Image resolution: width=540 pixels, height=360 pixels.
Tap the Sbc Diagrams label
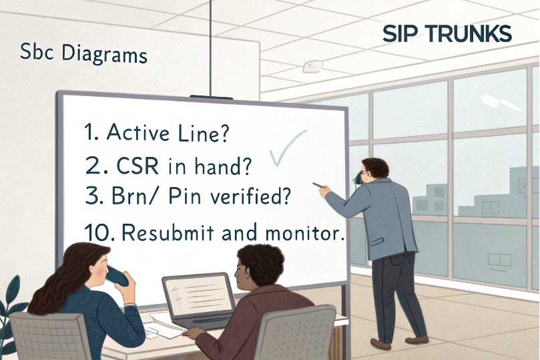pos(83,53)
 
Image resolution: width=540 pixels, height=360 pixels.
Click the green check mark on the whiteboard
pos(286,149)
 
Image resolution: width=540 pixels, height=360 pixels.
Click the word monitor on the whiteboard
pos(306,234)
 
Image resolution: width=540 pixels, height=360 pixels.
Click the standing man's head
pos(371,172)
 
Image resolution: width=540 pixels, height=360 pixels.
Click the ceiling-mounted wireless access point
pos(312,66)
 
